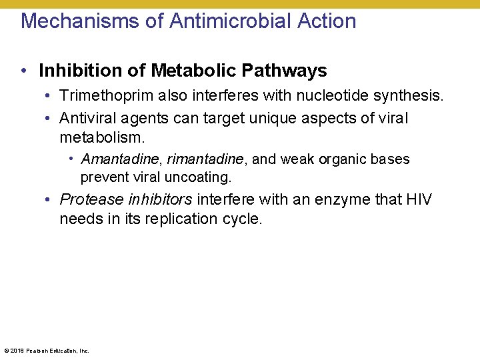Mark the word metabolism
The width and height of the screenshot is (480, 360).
tap(101, 138)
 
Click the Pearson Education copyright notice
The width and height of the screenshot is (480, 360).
tap(47, 351)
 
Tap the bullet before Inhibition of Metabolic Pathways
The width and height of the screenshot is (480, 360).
tap(23, 71)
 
